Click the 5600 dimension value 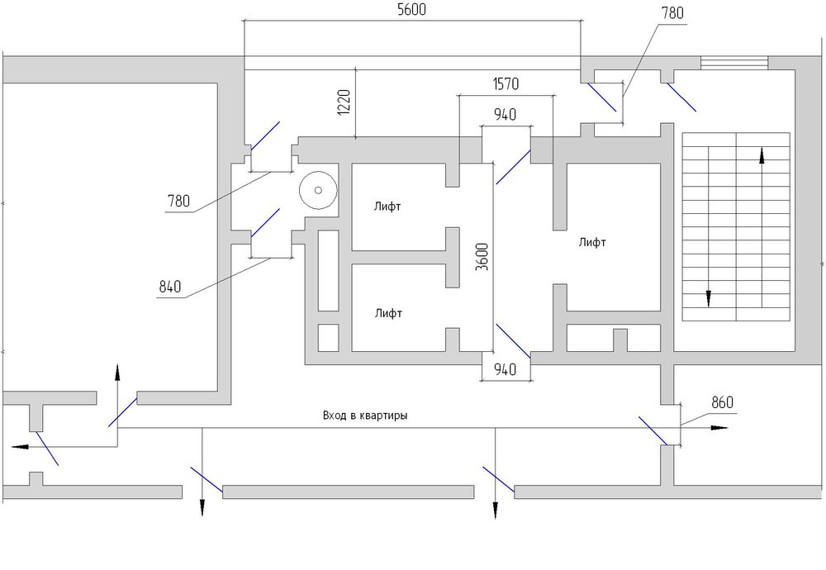coord(411,11)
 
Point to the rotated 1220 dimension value coord(345,103)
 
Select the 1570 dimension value coord(506,84)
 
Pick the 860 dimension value coord(722,403)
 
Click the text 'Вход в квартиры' coord(365,416)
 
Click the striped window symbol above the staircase coord(734,63)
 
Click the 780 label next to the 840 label coord(178,200)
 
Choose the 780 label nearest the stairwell coord(672,12)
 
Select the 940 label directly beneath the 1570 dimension coord(505,115)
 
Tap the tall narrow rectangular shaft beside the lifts coord(328,271)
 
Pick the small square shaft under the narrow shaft coord(328,337)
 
